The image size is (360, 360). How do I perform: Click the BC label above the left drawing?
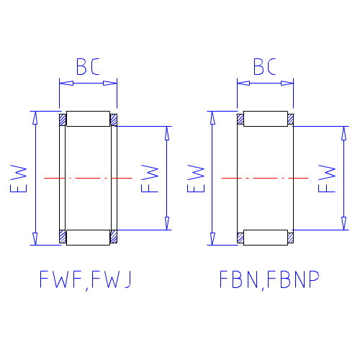tap(88, 66)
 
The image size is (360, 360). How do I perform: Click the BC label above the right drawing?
tap(265, 66)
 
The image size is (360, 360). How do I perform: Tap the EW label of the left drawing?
tap(19, 179)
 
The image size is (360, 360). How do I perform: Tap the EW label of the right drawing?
tap(196, 179)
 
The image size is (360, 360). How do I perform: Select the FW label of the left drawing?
tap(150, 179)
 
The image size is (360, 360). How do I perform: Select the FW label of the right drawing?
tap(327, 179)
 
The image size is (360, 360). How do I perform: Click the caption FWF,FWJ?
tap(86, 279)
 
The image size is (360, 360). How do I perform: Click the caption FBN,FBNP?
tap(269, 279)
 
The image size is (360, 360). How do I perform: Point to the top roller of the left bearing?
tap(88, 119)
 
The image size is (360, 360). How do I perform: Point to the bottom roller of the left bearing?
tap(88, 238)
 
